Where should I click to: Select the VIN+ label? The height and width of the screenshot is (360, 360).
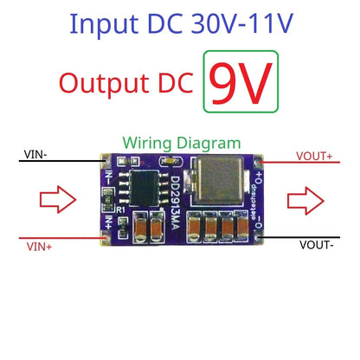pos(37,247)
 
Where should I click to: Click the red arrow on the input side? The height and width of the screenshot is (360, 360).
pos(54,201)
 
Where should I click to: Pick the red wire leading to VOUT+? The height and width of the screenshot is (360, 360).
pos(307,162)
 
